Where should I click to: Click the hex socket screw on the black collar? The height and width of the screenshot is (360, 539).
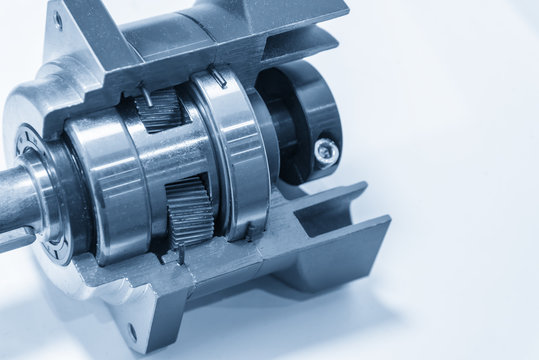326,151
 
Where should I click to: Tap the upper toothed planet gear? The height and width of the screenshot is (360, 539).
160,109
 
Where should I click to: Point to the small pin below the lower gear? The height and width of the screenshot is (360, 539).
181,256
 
